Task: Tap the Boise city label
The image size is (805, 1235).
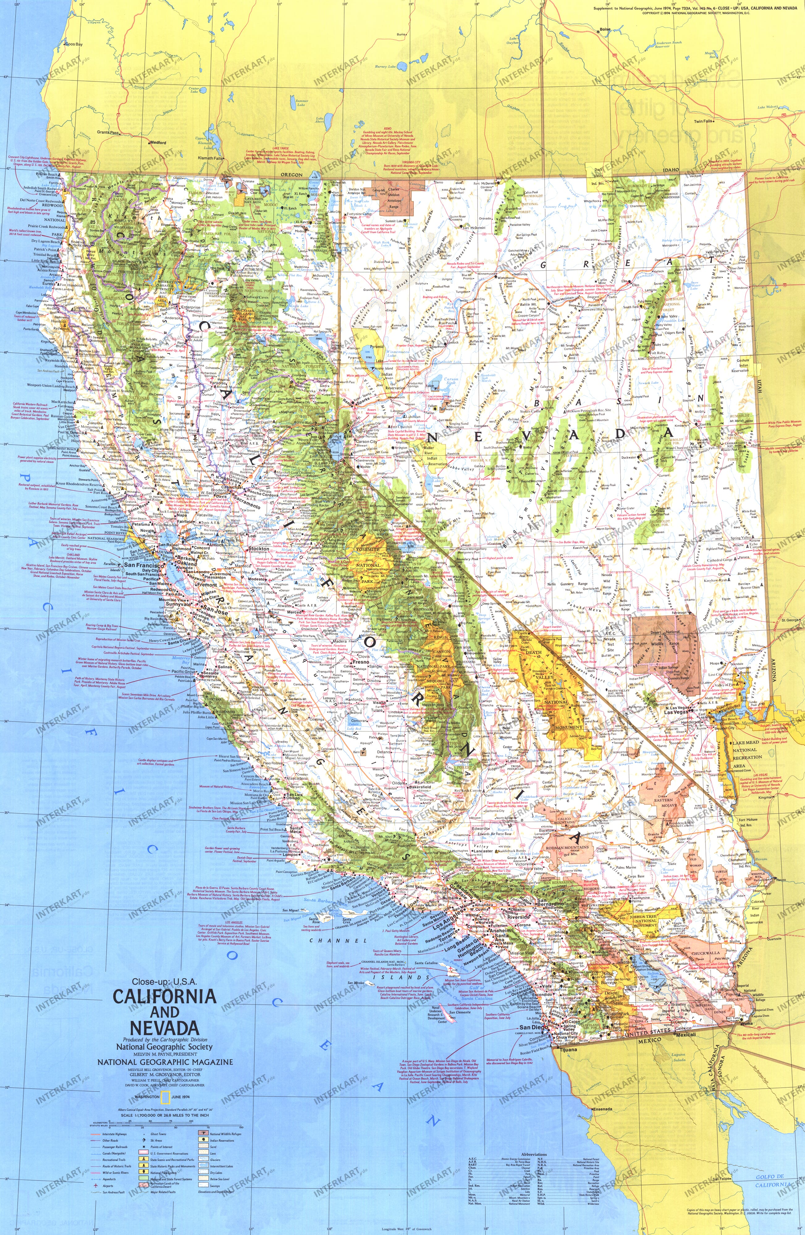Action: tap(605, 30)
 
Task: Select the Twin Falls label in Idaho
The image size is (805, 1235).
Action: tap(703, 121)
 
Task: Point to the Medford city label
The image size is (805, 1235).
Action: tap(158, 142)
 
